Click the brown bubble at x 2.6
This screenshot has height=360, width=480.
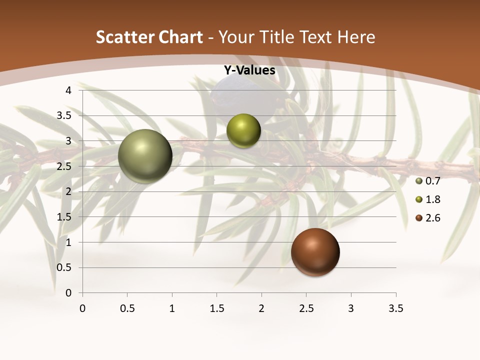[x=315, y=251]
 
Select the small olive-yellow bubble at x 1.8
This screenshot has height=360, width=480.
[x=243, y=131]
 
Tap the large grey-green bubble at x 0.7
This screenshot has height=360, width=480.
[x=145, y=156]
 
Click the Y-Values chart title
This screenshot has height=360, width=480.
[x=249, y=70]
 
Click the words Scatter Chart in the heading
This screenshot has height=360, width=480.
[x=149, y=37]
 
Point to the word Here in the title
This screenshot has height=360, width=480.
[x=355, y=37]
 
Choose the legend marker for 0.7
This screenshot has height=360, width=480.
[x=419, y=181]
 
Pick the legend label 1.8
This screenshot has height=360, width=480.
[x=432, y=199]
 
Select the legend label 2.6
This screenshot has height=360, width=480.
[x=432, y=218]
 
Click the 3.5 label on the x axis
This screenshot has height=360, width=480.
[x=395, y=308]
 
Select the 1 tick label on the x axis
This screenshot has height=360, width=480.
[x=172, y=308]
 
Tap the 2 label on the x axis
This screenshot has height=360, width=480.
[x=261, y=308]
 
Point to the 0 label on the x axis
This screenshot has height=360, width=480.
[x=82, y=308]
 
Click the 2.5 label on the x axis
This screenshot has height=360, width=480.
[x=306, y=308]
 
